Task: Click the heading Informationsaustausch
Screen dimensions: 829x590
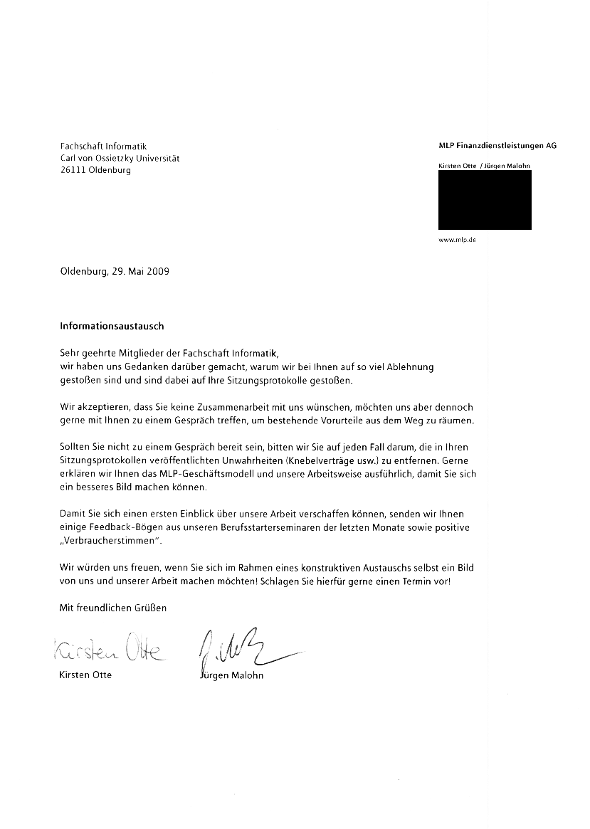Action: (112, 326)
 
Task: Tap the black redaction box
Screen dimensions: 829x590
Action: (485, 200)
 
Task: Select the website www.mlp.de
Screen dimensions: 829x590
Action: (458, 241)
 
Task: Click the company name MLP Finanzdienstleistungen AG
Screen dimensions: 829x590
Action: (497, 145)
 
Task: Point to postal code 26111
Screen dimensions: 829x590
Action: (74, 170)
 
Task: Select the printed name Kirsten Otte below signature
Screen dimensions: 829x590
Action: (85, 675)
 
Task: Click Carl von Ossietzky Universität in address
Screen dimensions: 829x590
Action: (120, 158)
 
